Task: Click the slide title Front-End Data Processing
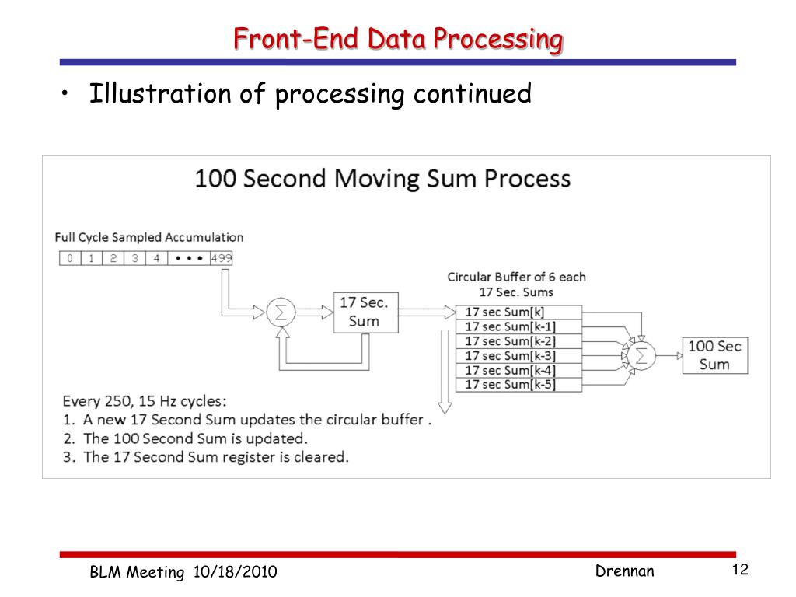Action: (398, 38)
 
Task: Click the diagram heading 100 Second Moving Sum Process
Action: (382, 180)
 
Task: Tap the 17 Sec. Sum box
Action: (365, 312)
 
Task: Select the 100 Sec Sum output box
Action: (714, 355)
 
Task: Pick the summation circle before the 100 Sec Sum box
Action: (641, 355)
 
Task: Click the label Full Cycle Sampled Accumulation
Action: (149, 238)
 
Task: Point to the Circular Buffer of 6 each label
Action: (517, 278)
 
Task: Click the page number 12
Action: (739, 571)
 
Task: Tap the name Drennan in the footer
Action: (625, 572)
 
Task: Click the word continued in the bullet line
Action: (472, 95)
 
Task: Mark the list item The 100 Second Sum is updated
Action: (194, 438)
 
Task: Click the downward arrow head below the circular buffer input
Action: (445, 407)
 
